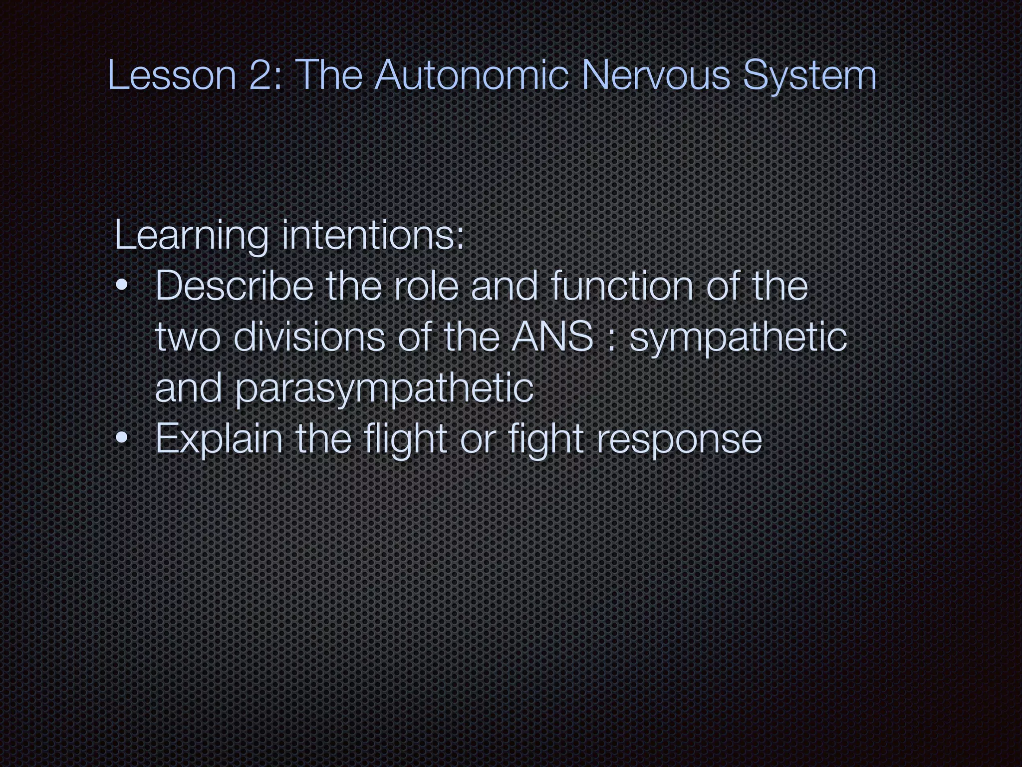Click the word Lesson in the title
[172, 75]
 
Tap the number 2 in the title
[261, 75]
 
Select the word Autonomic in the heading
[471, 75]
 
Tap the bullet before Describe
[121, 287]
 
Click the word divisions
[309, 337]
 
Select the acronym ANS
[552, 337]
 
